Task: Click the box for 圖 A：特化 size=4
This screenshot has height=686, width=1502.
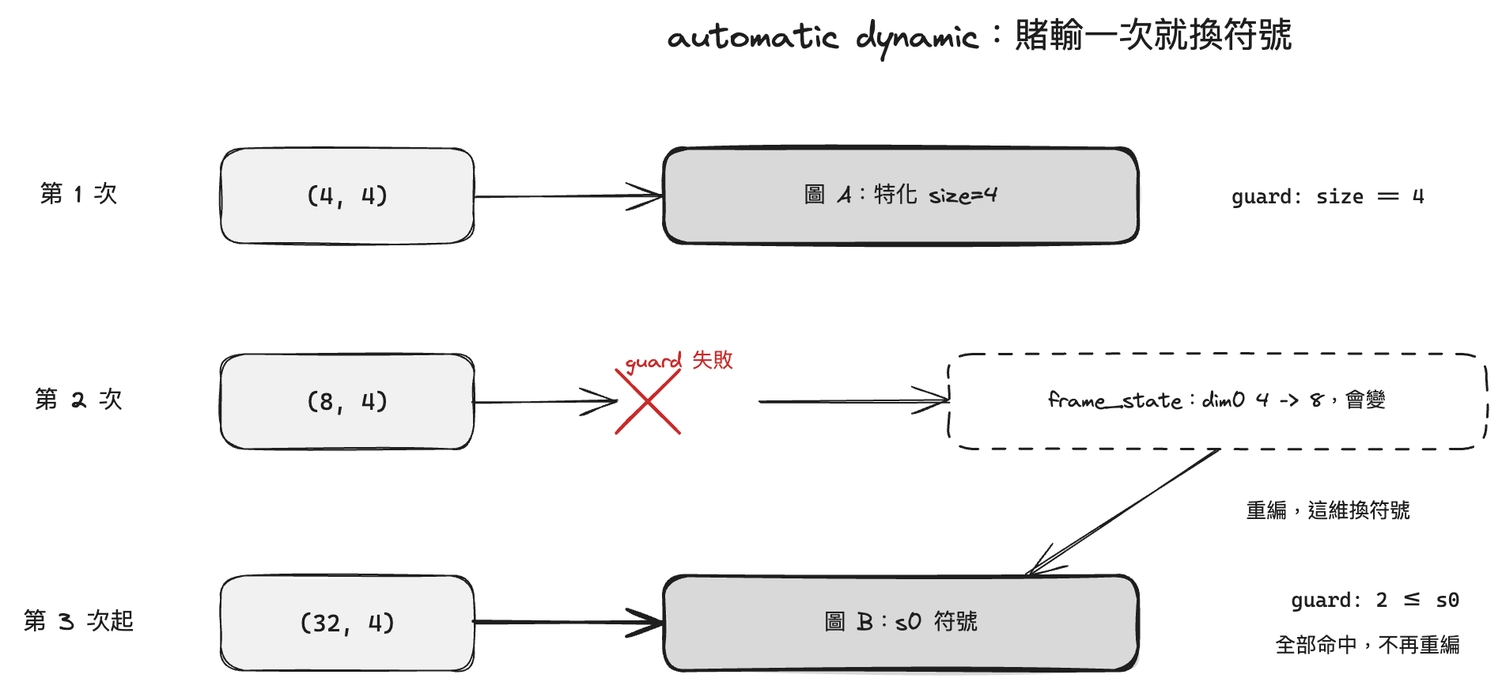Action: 901,195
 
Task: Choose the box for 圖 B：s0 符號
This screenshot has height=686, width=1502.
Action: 901,623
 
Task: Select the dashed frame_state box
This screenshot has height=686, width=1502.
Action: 1218,401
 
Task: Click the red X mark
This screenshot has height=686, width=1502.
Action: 648,402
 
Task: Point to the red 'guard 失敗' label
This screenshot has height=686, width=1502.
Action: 679,361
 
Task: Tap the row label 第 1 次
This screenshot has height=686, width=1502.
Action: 78,194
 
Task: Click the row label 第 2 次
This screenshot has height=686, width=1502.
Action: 78,400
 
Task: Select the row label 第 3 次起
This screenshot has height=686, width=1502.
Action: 78,621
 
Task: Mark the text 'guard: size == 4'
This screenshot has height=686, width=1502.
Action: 1328,197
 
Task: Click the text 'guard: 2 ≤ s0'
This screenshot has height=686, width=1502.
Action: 1375,601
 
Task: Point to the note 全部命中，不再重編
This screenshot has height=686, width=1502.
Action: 1368,645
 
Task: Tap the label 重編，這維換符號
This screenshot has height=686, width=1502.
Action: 1328,510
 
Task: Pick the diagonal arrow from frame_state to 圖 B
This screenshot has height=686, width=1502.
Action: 1123,511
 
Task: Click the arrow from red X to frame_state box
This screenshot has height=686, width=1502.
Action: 854,401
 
